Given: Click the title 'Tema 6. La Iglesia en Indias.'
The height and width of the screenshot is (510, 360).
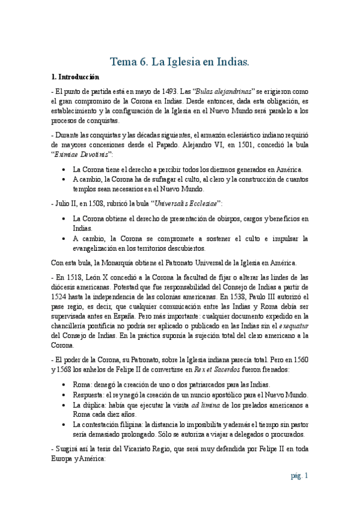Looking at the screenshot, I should (180, 62).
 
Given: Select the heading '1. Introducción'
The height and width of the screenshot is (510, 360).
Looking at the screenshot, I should (76, 78).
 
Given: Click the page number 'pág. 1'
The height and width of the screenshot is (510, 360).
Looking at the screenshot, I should (299, 476).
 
